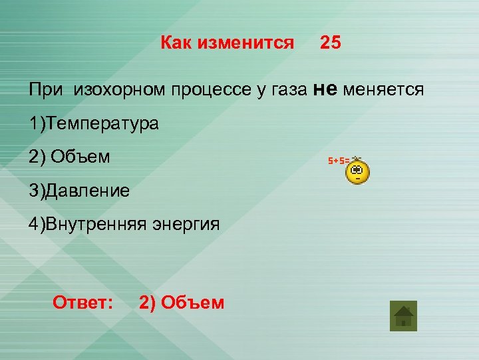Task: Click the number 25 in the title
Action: pyautogui.click(x=330, y=43)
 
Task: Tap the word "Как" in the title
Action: pyautogui.click(x=181, y=43)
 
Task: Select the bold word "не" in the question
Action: pyautogui.click(x=326, y=89)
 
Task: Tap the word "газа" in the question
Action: pyautogui.click(x=287, y=90)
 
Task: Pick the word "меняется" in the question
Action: pyautogui.click(x=384, y=90)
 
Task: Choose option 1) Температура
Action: pyautogui.click(x=94, y=124)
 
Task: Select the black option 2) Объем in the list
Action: pyautogui.click(x=69, y=157)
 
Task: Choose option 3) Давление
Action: pyautogui.click(x=79, y=191)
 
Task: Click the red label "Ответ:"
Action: pyautogui.click(x=82, y=303)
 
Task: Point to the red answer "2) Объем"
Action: pyautogui.click(x=182, y=303)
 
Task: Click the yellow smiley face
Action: pyautogui.click(x=358, y=172)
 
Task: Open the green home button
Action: pyautogui.click(x=403, y=315)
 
